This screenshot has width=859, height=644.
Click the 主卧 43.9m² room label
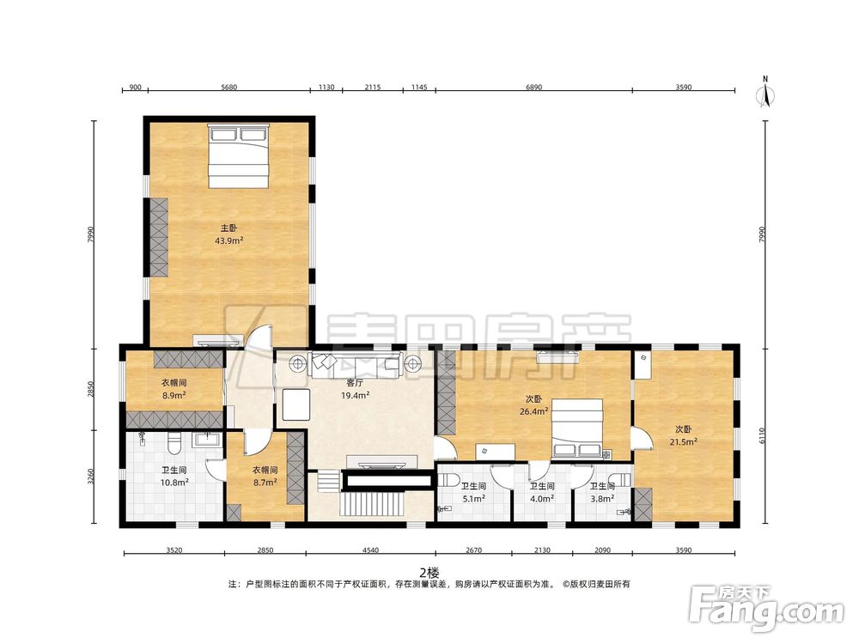click(229, 234)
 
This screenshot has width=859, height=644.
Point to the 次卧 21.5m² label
click(683, 435)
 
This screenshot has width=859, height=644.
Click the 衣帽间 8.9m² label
click(174, 389)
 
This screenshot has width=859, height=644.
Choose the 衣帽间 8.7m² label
click(265, 476)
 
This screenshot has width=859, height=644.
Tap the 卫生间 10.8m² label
click(174, 476)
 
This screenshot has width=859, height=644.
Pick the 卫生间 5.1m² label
click(474, 492)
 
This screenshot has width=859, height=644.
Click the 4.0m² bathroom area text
click(542, 498)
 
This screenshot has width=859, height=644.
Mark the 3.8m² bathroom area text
click(602, 498)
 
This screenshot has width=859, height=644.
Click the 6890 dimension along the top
click(533, 87)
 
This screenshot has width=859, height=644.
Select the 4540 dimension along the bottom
click(370, 550)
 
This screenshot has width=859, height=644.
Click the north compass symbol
click(765, 92)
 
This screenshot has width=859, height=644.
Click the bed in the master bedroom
click(238, 156)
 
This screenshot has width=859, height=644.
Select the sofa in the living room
click(356, 365)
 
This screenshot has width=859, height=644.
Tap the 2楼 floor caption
click(429, 573)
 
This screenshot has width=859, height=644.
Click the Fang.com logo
click(766, 609)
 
